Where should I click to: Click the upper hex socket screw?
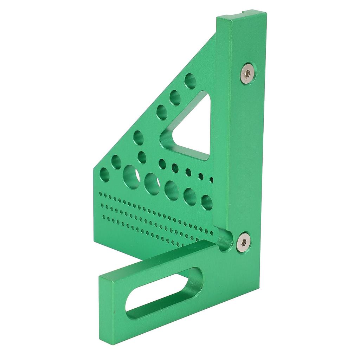(x=248, y=73)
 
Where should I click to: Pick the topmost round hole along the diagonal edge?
(x=190, y=81)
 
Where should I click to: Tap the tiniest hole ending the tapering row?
(x=211, y=180)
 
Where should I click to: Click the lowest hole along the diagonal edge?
(x=104, y=174)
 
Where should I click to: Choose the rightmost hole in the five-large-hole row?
(x=207, y=202)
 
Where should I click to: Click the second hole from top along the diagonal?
(x=175, y=97)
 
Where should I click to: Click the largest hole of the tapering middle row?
(x=142, y=157)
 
